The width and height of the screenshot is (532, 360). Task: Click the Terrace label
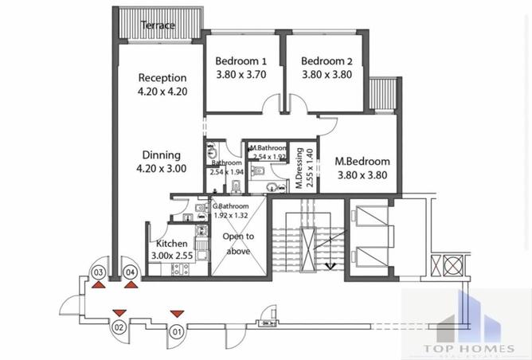157,25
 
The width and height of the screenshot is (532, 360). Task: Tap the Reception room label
162,78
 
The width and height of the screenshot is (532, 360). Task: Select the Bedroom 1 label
241,61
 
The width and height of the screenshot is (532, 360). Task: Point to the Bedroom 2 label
327,61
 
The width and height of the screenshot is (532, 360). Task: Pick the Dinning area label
162,155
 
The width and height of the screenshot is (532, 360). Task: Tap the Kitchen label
172,244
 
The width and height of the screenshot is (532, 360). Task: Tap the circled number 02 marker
119,327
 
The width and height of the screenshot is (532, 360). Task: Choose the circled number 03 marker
98,272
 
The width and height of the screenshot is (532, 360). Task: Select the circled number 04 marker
131,272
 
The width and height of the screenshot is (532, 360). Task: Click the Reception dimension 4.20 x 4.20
162,91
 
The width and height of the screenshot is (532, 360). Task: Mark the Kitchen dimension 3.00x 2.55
172,256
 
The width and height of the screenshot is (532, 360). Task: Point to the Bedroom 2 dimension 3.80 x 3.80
327,74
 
